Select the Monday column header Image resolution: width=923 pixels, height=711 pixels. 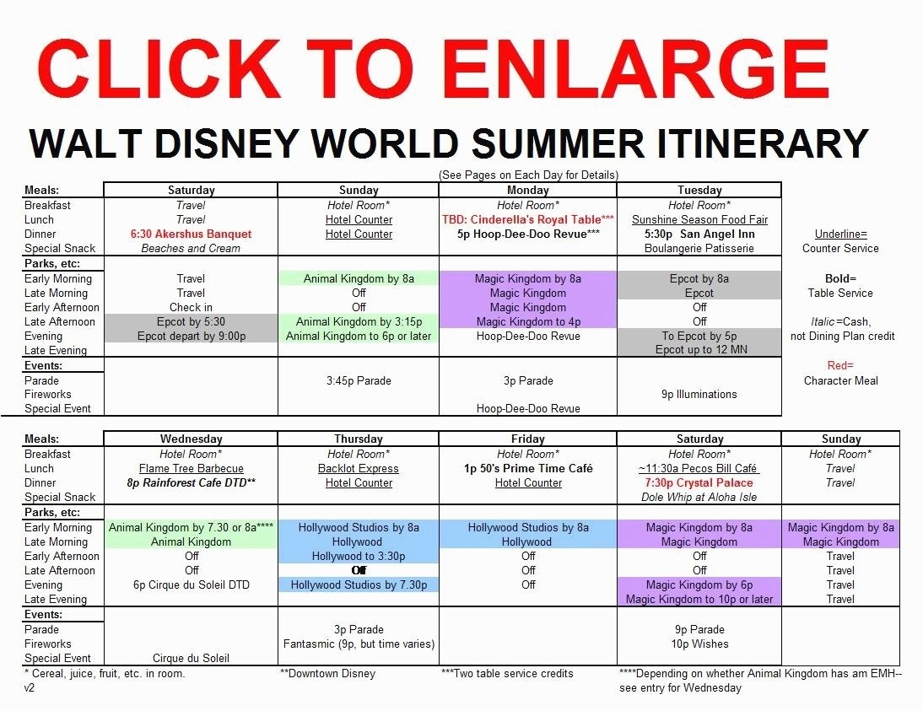click(528, 190)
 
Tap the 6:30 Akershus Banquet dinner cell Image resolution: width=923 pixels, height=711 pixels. click(191, 234)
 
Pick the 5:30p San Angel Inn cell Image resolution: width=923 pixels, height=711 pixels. click(699, 234)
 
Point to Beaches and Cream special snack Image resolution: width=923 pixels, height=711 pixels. click(191, 248)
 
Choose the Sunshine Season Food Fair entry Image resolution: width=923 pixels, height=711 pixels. click(699, 219)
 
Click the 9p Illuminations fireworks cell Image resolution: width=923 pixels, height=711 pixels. click(699, 395)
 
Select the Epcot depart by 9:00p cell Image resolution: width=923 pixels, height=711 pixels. click(192, 336)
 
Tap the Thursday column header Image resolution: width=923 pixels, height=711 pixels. click(359, 439)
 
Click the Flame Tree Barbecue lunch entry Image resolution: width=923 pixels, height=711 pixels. click(192, 468)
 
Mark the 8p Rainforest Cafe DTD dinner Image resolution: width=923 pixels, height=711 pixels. click(192, 482)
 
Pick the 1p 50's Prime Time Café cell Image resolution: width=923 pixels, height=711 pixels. click(528, 468)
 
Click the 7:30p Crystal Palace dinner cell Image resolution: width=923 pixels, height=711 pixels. click(699, 482)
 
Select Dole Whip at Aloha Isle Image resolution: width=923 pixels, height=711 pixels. click(699, 498)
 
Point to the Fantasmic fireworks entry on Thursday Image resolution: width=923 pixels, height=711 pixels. click(359, 644)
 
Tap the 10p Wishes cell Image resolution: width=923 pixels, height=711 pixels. click(699, 644)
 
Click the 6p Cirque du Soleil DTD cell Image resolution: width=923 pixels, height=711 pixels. click(192, 585)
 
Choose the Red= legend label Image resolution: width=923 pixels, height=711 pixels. click(840, 365)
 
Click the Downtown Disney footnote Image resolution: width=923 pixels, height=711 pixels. click(328, 673)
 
